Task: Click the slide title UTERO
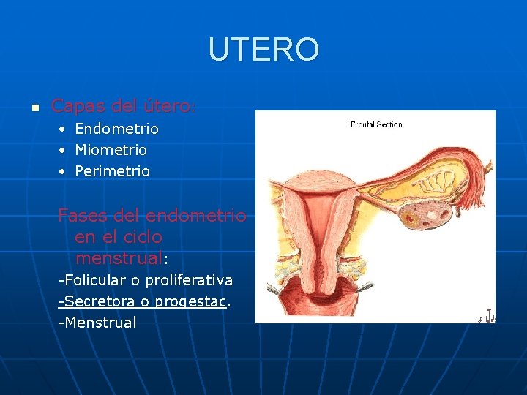pyautogui.click(x=263, y=50)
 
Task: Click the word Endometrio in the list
pyautogui.click(x=116, y=129)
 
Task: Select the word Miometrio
pyautogui.click(x=111, y=150)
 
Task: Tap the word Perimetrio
pyautogui.click(x=112, y=171)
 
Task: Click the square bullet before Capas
pyautogui.click(x=34, y=108)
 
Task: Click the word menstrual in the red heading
pyautogui.click(x=119, y=258)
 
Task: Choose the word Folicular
pyautogui.click(x=96, y=280)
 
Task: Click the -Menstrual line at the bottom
pyautogui.click(x=98, y=323)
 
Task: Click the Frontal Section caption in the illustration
pyautogui.click(x=375, y=124)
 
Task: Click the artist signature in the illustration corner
pyautogui.click(x=487, y=317)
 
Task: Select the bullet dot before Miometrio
pyautogui.click(x=63, y=151)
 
